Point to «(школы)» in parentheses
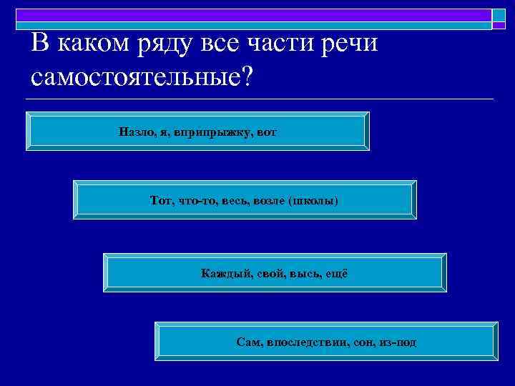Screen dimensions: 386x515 (314, 201)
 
